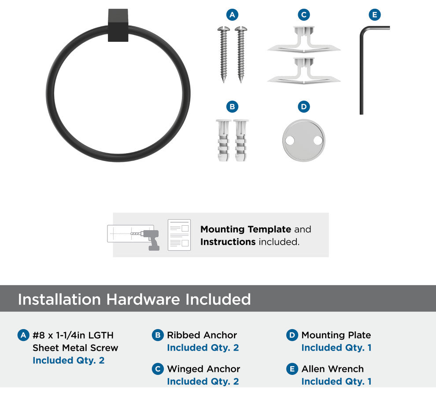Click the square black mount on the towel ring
[118, 25]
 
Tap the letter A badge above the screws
[232, 15]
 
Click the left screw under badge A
[224, 54]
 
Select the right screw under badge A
[241, 54]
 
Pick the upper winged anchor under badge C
[304, 40]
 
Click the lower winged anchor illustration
[304, 70]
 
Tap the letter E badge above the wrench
[374, 15]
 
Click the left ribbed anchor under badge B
[224, 140]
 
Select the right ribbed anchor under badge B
[241, 140]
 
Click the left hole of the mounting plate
[290, 140]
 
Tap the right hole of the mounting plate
[318, 140]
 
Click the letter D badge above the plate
[303, 106]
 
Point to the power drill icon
[150, 239]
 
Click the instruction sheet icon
[179, 235]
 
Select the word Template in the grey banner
[270, 229]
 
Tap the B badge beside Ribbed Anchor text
[158, 335]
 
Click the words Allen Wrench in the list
[333, 369]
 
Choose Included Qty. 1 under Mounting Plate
[336, 348]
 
